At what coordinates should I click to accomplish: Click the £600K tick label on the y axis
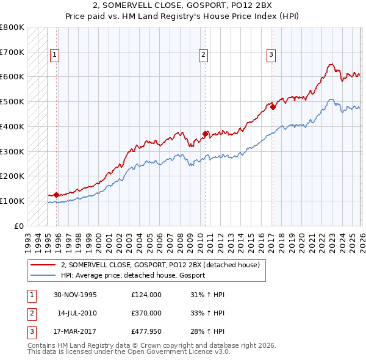click(12, 77)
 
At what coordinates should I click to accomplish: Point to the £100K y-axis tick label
click(12, 201)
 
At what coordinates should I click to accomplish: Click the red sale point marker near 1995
click(57, 195)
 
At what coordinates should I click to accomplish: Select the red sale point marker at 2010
click(205, 134)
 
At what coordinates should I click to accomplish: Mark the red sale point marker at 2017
click(273, 107)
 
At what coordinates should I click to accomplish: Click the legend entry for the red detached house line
click(160, 265)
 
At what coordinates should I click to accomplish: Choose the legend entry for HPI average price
click(133, 275)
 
